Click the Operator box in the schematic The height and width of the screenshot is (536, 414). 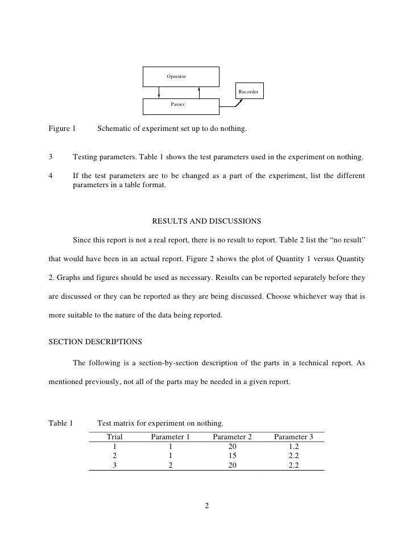(180, 76)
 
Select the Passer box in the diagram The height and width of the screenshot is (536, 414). (180, 105)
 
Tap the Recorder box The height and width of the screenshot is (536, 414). (249, 91)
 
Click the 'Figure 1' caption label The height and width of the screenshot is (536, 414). (62, 129)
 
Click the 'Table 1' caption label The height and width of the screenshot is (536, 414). (61, 423)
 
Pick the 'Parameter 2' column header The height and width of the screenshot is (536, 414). (232, 437)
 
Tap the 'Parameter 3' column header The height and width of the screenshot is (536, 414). (293, 437)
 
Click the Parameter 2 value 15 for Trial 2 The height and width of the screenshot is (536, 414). (232, 456)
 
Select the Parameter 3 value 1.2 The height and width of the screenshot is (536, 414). (293, 447)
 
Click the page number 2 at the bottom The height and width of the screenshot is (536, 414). (207, 505)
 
